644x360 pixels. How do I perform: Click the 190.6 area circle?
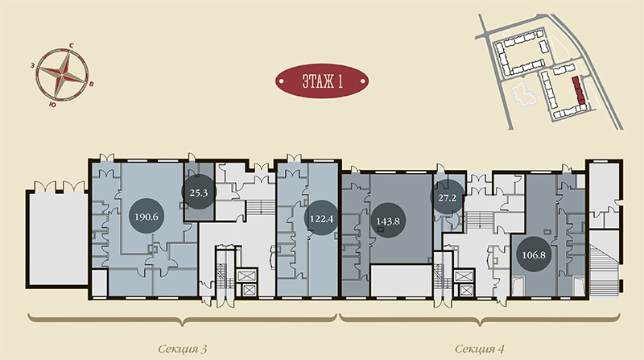[x=147, y=217]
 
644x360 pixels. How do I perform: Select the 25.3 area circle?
[x=199, y=192]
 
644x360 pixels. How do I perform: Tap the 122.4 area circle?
[x=321, y=217]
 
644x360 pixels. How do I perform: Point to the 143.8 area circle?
[x=388, y=221]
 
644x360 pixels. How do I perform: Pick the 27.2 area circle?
[x=448, y=197]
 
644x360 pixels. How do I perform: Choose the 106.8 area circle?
[x=534, y=254]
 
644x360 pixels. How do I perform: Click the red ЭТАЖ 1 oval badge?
[x=322, y=81]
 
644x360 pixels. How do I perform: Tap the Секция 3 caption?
[x=183, y=350]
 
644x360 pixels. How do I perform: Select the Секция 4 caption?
[x=479, y=350]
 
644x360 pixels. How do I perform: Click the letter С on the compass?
[x=71, y=46]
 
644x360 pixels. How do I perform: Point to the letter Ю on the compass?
[x=52, y=106]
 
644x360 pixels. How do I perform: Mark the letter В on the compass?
[x=92, y=85]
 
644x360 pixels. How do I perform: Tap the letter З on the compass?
[x=32, y=65]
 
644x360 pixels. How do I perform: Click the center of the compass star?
[x=62, y=74]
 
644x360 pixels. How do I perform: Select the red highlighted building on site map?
[x=579, y=90]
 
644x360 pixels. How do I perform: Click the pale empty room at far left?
[x=57, y=238]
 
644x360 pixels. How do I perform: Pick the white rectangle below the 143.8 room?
[x=401, y=280]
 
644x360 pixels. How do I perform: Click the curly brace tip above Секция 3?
[x=183, y=325]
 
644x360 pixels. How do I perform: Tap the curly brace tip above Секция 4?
[x=480, y=325]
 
